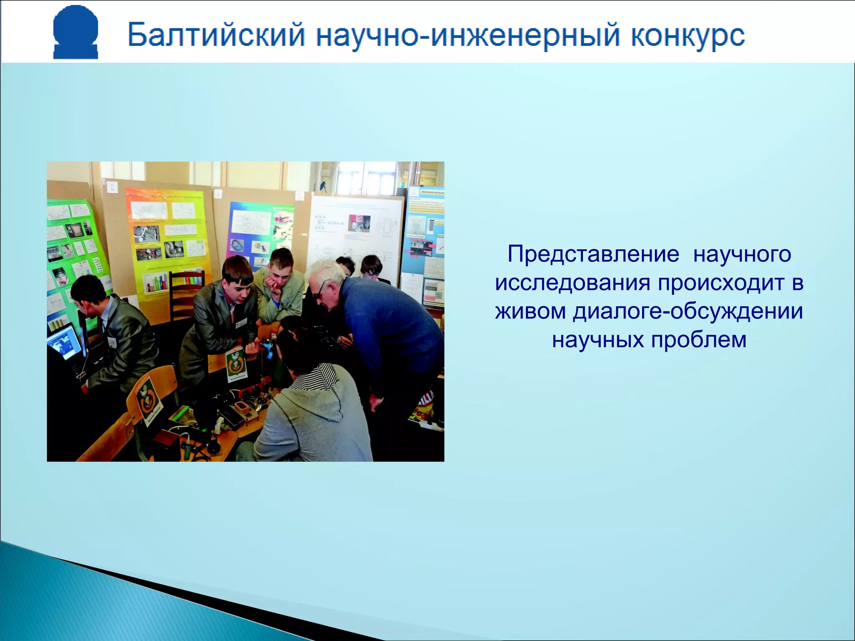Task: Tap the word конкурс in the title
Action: [x=687, y=35]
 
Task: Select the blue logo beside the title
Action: [x=76, y=32]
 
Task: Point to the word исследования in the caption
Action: [x=572, y=283]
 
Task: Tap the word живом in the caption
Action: [x=530, y=311]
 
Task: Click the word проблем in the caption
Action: [x=699, y=339]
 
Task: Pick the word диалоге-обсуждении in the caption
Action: [x=688, y=311]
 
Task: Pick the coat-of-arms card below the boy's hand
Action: [x=237, y=365]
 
